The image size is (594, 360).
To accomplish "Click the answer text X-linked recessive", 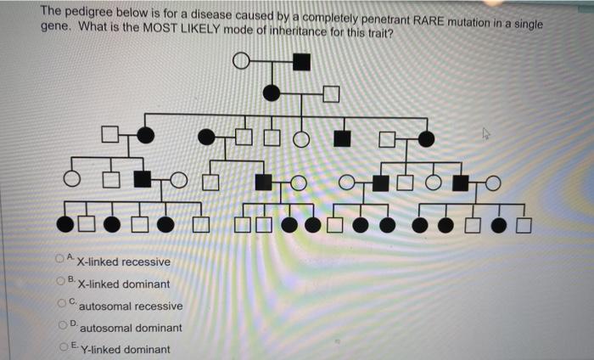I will [123, 262].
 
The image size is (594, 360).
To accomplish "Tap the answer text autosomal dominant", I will [131, 328].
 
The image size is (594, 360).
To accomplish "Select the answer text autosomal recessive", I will [131, 306].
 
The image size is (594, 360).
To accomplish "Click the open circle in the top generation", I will [242, 61].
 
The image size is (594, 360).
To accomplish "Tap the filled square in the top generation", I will [301, 61].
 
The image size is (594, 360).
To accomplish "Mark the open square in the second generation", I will [330, 93].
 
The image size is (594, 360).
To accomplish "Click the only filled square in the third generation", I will [342, 138].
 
